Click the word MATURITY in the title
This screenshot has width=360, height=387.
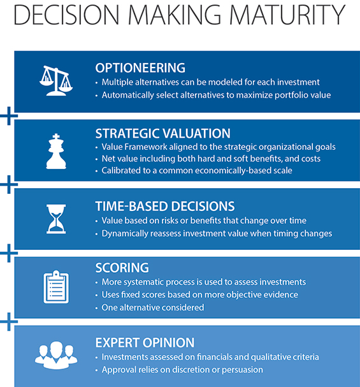(x=287, y=15)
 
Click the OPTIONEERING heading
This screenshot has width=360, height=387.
(x=140, y=68)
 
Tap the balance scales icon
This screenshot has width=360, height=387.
(x=56, y=80)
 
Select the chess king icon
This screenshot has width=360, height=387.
(x=56, y=151)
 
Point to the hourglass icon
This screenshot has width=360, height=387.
(x=56, y=219)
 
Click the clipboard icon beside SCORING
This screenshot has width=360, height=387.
(x=56, y=287)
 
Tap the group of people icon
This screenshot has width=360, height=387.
(x=56, y=355)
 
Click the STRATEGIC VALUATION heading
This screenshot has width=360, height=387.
(x=162, y=133)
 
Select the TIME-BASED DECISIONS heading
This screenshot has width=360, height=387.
(x=165, y=207)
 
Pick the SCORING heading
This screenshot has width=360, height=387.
(x=122, y=268)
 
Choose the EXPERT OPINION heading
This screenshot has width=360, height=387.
(x=145, y=342)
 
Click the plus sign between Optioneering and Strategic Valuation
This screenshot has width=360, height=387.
(x=9, y=116)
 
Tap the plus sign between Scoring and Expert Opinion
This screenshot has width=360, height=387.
(x=9, y=321)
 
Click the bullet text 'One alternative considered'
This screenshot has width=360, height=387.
(x=153, y=307)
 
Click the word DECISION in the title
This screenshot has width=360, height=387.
(x=66, y=15)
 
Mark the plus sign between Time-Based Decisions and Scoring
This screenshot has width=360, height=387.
(x=9, y=253)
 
